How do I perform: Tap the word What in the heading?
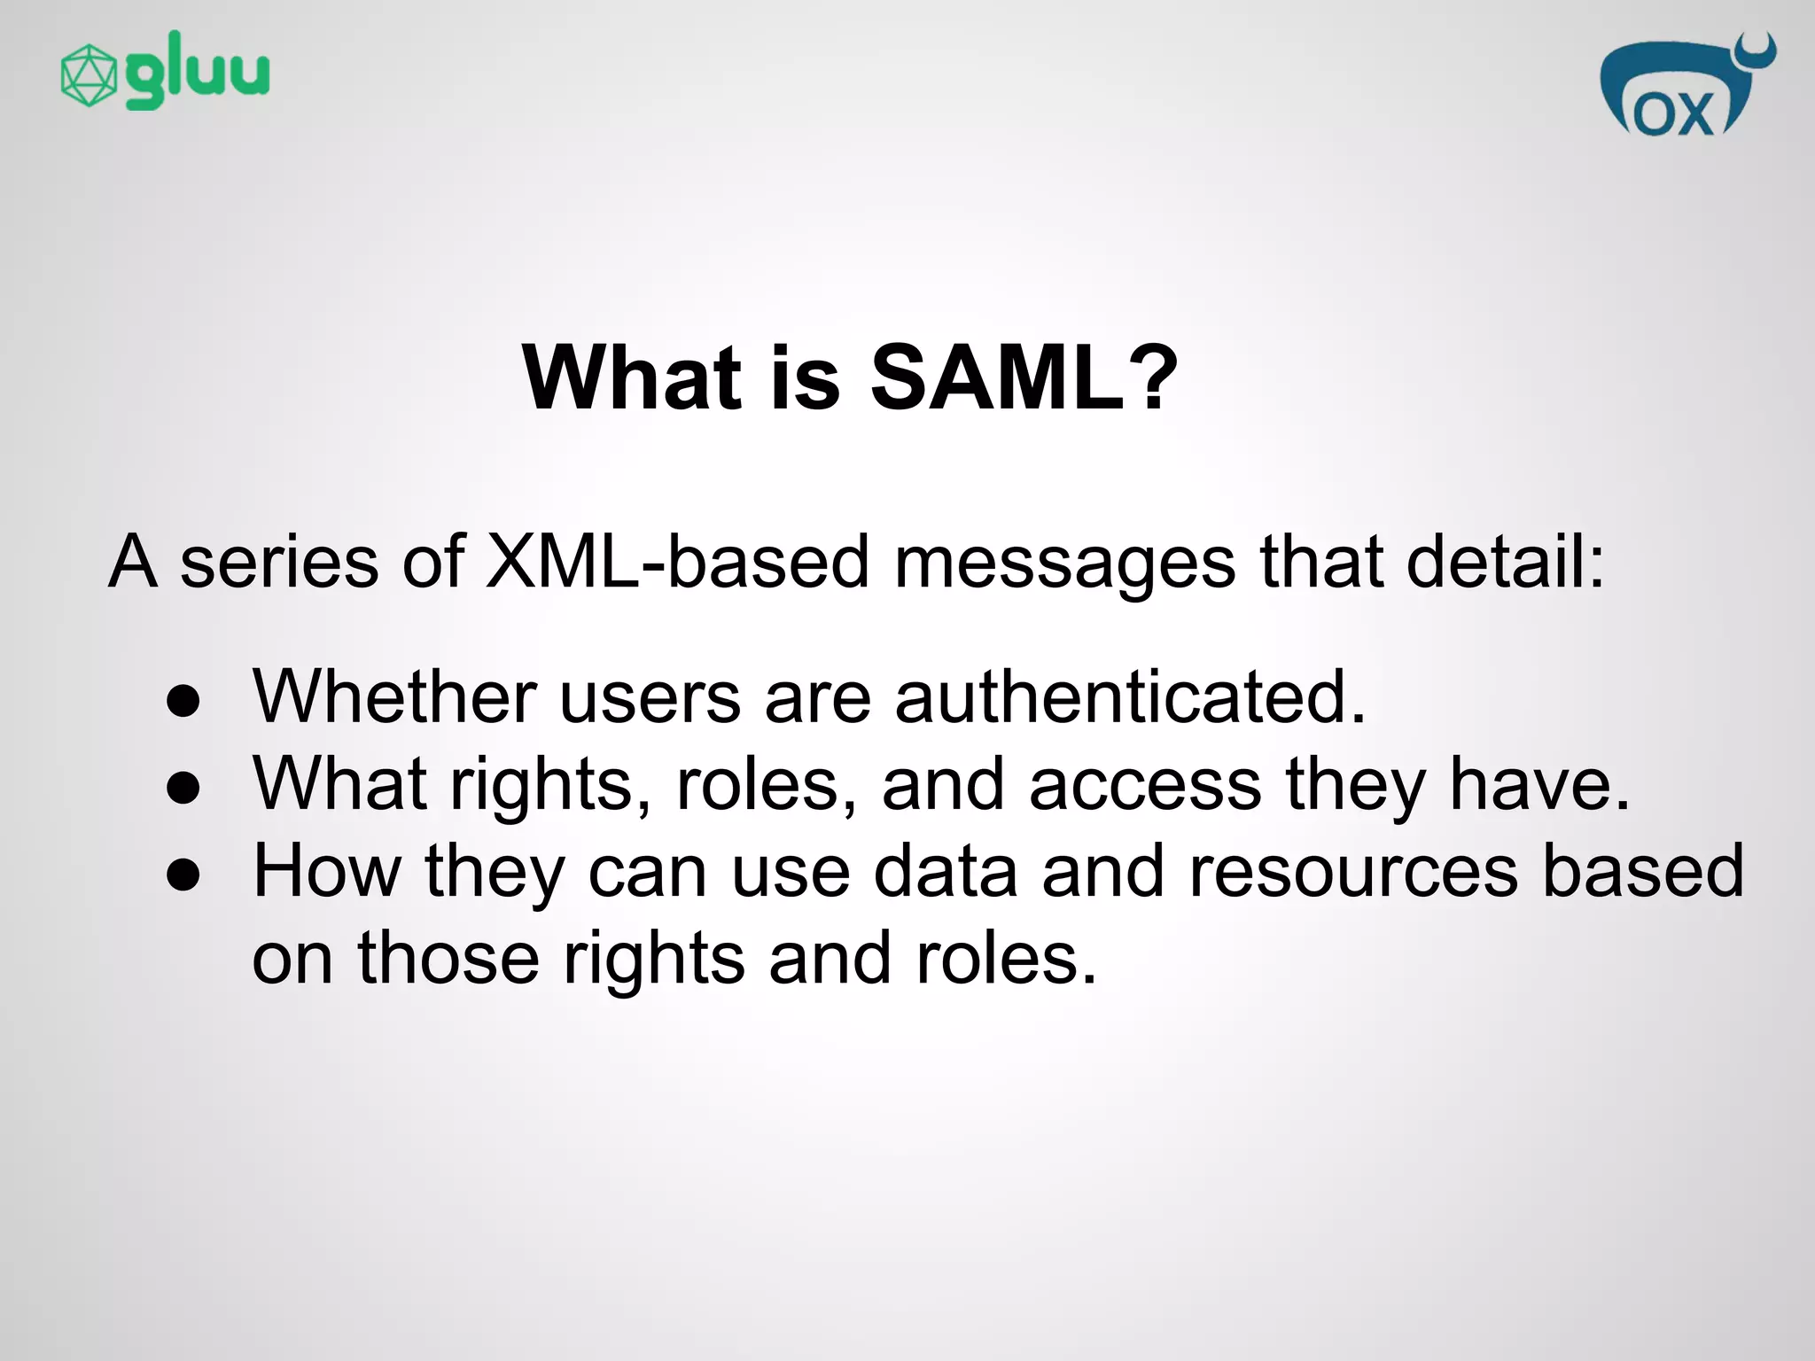tap(631, 378)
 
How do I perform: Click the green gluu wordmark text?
tap(197, 71)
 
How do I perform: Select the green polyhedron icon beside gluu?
tap(89, 76)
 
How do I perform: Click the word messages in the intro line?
tap(1064, 564)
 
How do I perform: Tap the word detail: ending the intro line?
tap(1506, 562)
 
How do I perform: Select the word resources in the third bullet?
tap(1353, 872)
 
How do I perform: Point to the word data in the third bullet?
tap(946, 872)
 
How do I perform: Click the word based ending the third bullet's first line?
tap(1643, 872)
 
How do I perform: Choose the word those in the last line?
tap(448, 959)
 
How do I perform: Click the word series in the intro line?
tap(279, 562)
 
